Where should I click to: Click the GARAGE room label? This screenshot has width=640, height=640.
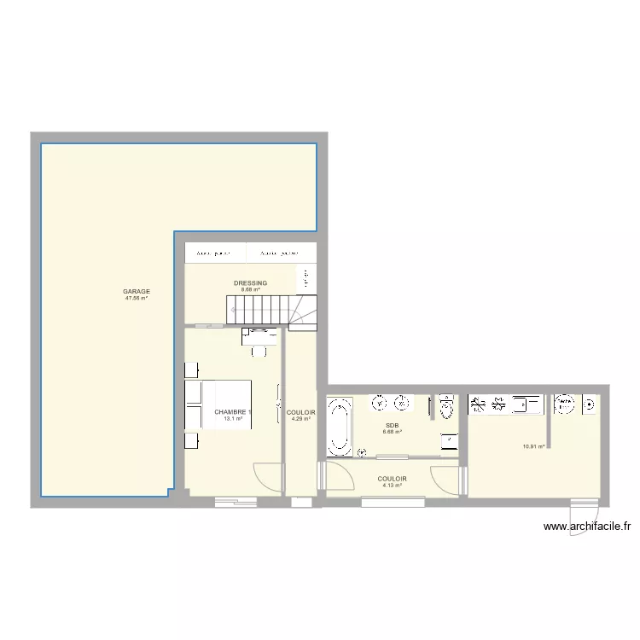pos(137,291)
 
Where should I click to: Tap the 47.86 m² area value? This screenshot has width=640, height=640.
pos(137,299)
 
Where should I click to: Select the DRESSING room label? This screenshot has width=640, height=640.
pos(250,282)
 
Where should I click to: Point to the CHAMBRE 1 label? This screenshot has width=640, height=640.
pos(233,412)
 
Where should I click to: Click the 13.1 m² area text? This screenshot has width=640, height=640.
pos(233,419)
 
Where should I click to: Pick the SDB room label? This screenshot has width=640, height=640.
pos(393,425)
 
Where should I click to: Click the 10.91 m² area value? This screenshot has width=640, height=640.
pos(533,446)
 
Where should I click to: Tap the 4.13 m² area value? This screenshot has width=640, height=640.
pos(392,486)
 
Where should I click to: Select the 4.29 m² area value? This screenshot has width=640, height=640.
pos(301,419)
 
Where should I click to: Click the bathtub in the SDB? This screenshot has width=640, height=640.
pos(339,424)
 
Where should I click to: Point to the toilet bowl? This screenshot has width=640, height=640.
pos(446,410)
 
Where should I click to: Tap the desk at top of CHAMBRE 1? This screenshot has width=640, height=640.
pos(259,335)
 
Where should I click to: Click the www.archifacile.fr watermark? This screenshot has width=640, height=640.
pos(592,528)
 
